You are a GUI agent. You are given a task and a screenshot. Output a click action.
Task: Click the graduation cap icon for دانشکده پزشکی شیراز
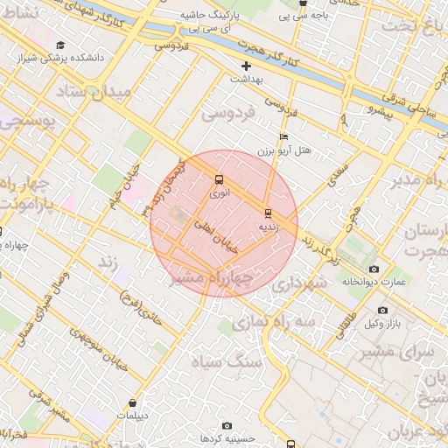coord(59,45)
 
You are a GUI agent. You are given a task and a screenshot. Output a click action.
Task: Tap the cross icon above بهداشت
coord(246,66)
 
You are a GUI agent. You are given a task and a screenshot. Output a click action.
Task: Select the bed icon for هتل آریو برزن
coord(283,138)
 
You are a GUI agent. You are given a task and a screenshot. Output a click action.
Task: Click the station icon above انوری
coord(218,181)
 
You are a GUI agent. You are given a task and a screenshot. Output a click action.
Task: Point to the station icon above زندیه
coord(268,213)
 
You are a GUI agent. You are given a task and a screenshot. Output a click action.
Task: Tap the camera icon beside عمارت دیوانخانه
coord(374,269)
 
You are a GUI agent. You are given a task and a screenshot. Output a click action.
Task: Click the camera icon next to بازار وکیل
coord(382,311)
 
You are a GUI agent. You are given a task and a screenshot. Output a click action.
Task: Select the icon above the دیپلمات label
coord(132,403)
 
